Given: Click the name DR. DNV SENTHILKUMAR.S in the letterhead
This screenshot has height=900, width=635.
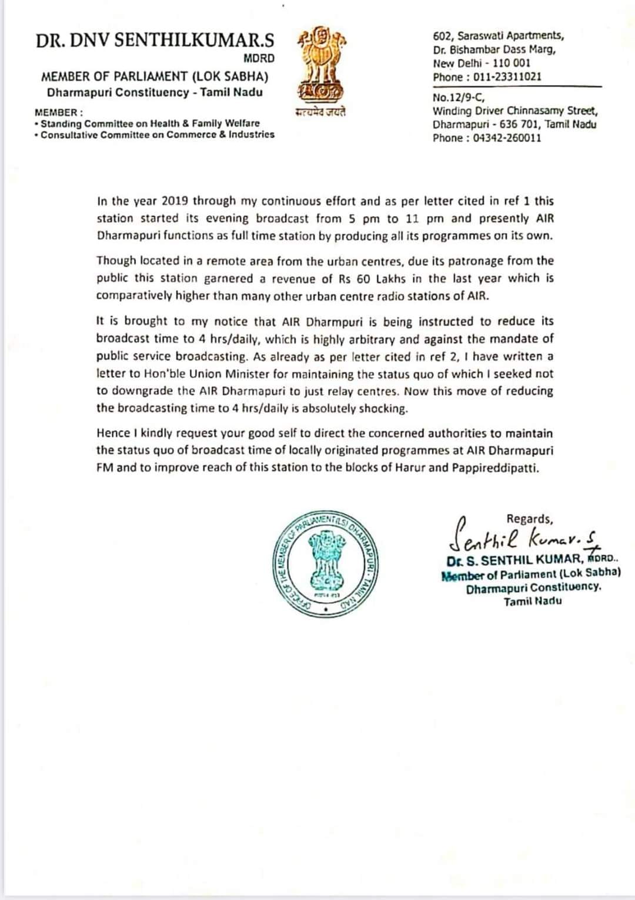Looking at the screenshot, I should click(x=155, y=41).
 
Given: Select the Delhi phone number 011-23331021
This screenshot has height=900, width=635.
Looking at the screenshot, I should click(x=507, y=77).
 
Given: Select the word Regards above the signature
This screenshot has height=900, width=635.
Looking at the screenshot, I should click(x=529, y=519).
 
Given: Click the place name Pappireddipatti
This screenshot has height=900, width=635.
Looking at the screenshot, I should click(x=494, y=468).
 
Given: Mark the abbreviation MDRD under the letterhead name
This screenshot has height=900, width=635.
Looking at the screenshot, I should click(x=259, y=59).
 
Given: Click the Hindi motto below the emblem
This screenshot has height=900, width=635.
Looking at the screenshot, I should click(x=320, y=112).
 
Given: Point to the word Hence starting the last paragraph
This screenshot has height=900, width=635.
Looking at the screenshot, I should click(x=113, y=434).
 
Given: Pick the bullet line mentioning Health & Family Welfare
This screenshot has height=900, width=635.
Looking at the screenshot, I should click(x=150, y=123).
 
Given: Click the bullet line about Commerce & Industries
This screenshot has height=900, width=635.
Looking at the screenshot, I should click(x=157, y=135).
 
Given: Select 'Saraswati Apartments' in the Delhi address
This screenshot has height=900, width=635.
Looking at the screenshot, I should click(x=510, y=36).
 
